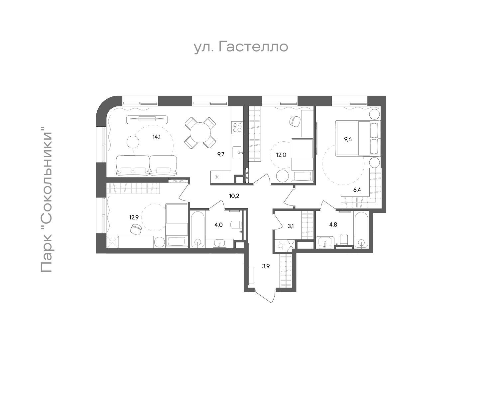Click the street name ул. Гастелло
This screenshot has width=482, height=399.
pyautogui.click(x=241, y=47)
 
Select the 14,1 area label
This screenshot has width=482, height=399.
pyautogui.click(x=157, y=137)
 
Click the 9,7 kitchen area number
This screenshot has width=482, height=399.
pyautogui.click(x=221, y=155)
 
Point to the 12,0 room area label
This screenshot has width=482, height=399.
pyautogui.click(x=281, y=155)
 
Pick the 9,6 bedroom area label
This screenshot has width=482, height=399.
pyautogui.click(x=348, y=139)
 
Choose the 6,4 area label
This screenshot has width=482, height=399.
pyautogui.click(x=357, y=190)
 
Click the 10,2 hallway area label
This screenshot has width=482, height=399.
pyautogui.click(x=234, y=196)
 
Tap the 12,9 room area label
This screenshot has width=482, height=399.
pyautogui.click(x=134, y=217)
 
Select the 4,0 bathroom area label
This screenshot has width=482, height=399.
pyautogui.click(x=219, y=225)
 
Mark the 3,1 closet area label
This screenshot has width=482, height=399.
pyautogui.click(x=291, y=226)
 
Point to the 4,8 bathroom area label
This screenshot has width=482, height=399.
pyautogui.click(x=333, y=224)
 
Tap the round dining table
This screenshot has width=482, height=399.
pyautogui.click(x=200, y=133)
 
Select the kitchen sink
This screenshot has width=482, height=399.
pyautogui.click(x=237, y=152)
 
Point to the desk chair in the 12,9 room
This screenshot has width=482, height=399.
pyautogui.click(x=136, y=229)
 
